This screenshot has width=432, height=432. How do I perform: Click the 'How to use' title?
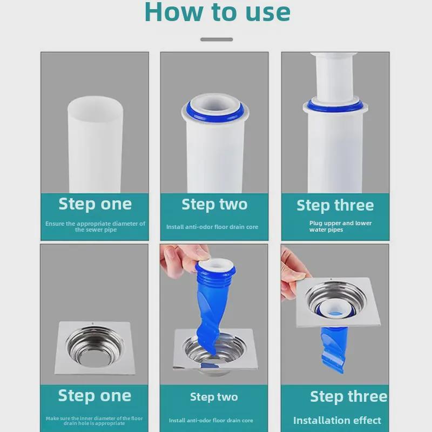(x=218, y=12)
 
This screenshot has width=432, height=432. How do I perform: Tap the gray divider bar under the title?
(x=217, y=39)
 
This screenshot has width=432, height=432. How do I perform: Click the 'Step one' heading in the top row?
(x=95, y=204)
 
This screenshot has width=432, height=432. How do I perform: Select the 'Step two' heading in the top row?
(x=214, y=205)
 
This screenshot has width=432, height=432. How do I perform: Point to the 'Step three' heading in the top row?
(x=335, y=206)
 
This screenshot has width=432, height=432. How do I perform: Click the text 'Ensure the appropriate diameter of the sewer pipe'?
(x=96, y=226)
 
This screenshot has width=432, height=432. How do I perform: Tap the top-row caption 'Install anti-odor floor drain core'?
(x=212, y=227)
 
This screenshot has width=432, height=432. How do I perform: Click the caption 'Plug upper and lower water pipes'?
(x=341, y=226)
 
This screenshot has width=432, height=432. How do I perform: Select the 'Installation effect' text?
(x=337, y=421)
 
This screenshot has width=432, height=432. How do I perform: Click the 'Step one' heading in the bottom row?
(x=94, y=396)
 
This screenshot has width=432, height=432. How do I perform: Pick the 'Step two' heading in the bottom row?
(x=214, y=397)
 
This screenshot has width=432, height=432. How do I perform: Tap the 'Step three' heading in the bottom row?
(x=348, y=397)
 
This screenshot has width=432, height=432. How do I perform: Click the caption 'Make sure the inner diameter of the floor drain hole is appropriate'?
(x=94, y=421)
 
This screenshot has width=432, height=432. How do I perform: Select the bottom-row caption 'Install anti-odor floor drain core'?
(x=211, y=421)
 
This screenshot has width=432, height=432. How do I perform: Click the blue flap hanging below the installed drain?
(x=333, y=348)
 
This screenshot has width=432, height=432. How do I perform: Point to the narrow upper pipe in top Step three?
(x=334, y=77)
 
